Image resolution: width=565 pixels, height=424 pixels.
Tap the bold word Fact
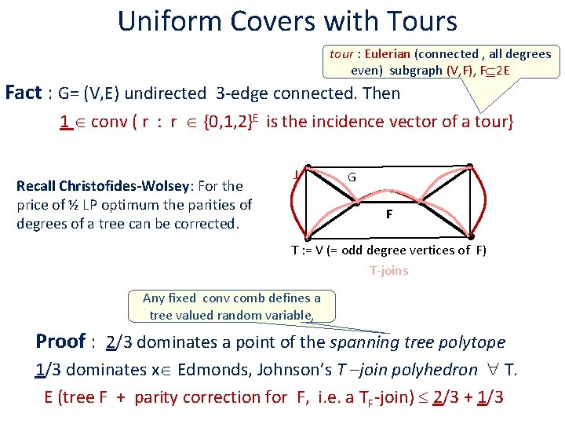23,93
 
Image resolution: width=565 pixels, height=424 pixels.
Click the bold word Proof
60,342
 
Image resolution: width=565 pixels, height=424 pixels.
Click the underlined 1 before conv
66,122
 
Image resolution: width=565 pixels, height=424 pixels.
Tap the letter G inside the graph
352,177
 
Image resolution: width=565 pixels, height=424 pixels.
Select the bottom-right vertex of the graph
471,236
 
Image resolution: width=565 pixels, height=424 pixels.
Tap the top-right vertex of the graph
469,166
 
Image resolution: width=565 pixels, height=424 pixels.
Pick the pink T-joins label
389,271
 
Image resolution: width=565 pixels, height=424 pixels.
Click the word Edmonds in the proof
211,370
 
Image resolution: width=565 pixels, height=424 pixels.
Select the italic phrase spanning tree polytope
417,342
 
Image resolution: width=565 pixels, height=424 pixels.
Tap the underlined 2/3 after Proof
118,342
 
